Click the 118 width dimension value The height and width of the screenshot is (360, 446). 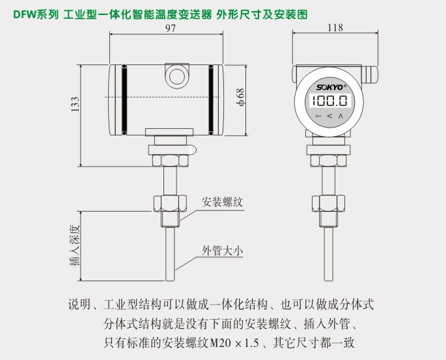tap(333, 28)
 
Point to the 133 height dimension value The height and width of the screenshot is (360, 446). tap(75, 105)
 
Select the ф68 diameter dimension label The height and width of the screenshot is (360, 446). tap(240, 97)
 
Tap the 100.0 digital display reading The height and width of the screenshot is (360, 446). tap(329, 101)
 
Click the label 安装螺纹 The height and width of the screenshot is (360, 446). tap(222, 201)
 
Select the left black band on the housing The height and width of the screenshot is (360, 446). tap(124, 98)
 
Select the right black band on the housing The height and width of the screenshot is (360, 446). tap(211, 98)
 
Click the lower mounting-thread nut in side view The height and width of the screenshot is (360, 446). tap(167, 204)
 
